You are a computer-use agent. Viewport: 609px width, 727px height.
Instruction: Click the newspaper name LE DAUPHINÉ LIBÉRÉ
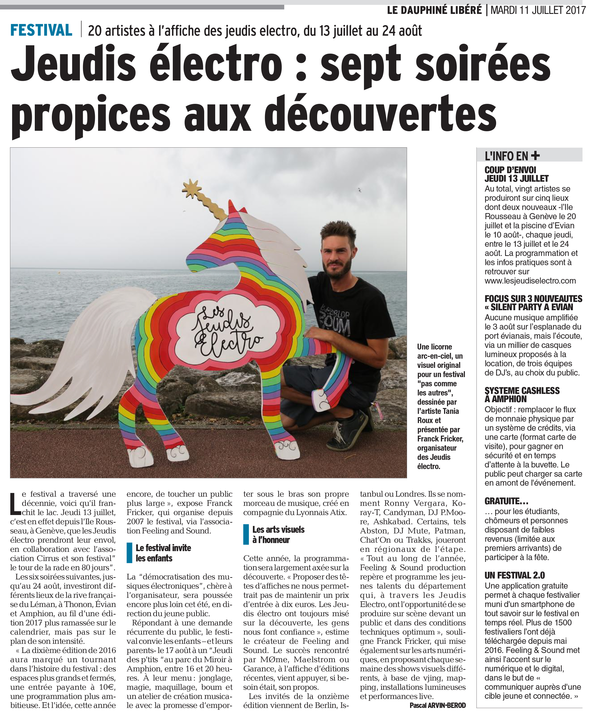pyautogui.click(x=434, y=10)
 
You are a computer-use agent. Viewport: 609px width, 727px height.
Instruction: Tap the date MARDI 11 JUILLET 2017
pyautogui.click(x=538, y=10)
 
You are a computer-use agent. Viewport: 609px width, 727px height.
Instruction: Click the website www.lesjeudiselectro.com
pyautogui.click(x=530, y=281)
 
